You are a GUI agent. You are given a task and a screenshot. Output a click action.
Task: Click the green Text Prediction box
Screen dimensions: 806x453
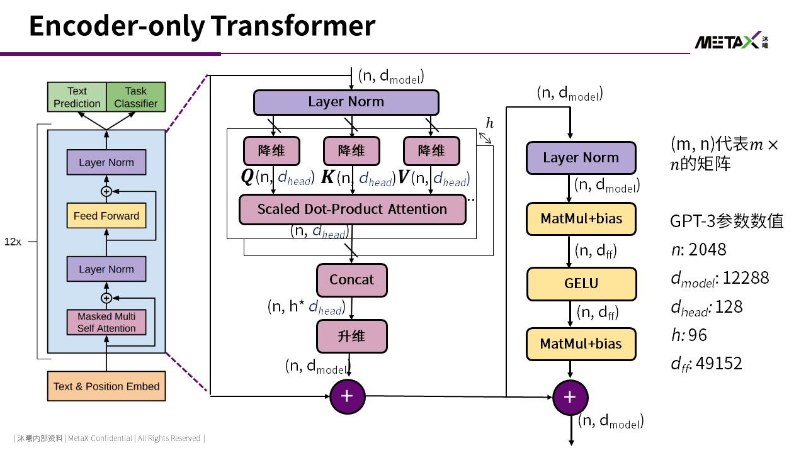[x=77, y=97]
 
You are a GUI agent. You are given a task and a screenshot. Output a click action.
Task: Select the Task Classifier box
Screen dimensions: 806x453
[x=136, y=97]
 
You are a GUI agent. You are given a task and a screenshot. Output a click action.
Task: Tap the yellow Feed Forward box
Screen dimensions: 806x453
[x=106, y=216]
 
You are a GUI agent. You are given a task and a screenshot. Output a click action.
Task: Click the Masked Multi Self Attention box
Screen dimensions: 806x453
[x=106, y=322]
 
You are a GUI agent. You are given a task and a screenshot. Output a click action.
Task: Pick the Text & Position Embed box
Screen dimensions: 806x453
[x=106, y=386]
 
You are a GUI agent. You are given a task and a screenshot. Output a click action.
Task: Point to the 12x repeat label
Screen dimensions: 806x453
[x=13, y=242]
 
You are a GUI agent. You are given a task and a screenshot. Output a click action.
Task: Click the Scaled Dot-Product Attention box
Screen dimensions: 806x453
[x=353, y=210]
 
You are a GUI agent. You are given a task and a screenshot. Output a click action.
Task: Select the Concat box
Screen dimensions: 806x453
[x=352, y=280]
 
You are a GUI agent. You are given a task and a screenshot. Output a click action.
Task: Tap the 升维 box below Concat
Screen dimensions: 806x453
[x=352, y=337]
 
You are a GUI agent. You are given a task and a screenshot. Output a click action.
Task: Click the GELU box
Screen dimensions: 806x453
[x=581, y=284]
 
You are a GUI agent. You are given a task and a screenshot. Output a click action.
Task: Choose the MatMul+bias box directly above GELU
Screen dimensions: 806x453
[x=581, y=219]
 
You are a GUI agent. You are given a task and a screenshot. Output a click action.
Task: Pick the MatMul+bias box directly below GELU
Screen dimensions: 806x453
[x=581, y=344]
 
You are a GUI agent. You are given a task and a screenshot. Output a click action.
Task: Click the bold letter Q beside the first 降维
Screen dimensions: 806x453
[x=247, y=177]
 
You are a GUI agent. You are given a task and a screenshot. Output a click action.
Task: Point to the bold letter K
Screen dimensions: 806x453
[x=328, y=177]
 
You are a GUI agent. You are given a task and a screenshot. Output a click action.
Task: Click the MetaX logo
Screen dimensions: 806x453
[x=731, y=40]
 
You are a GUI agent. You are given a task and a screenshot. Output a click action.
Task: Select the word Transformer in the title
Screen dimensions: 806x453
[x=293, y=26]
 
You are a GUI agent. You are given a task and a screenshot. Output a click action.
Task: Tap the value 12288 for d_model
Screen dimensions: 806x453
[x=746, y=278]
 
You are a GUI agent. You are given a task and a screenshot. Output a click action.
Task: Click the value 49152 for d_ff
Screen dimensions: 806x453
[x=719, y=364]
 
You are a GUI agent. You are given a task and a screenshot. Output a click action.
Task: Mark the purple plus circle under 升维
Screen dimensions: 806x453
[x=347, y=396]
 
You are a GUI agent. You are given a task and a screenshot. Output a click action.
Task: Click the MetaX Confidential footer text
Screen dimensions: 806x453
[x=100, y=439]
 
